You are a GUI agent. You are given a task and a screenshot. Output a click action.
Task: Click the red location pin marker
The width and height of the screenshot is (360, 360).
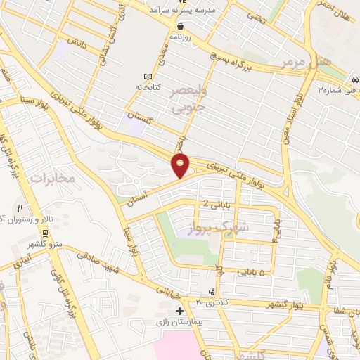[181, 166]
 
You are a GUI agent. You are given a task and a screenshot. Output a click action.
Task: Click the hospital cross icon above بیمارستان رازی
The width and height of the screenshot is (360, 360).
[179, 310]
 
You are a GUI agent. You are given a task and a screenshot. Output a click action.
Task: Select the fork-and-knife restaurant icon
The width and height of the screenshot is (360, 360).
[20, 208]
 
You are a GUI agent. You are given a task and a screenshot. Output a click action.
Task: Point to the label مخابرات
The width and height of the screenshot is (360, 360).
[51, 179]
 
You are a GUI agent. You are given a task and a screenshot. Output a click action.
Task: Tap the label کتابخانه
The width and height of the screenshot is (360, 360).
[148, 86]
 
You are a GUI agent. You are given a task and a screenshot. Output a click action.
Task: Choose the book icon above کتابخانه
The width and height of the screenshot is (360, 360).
[148, 76]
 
